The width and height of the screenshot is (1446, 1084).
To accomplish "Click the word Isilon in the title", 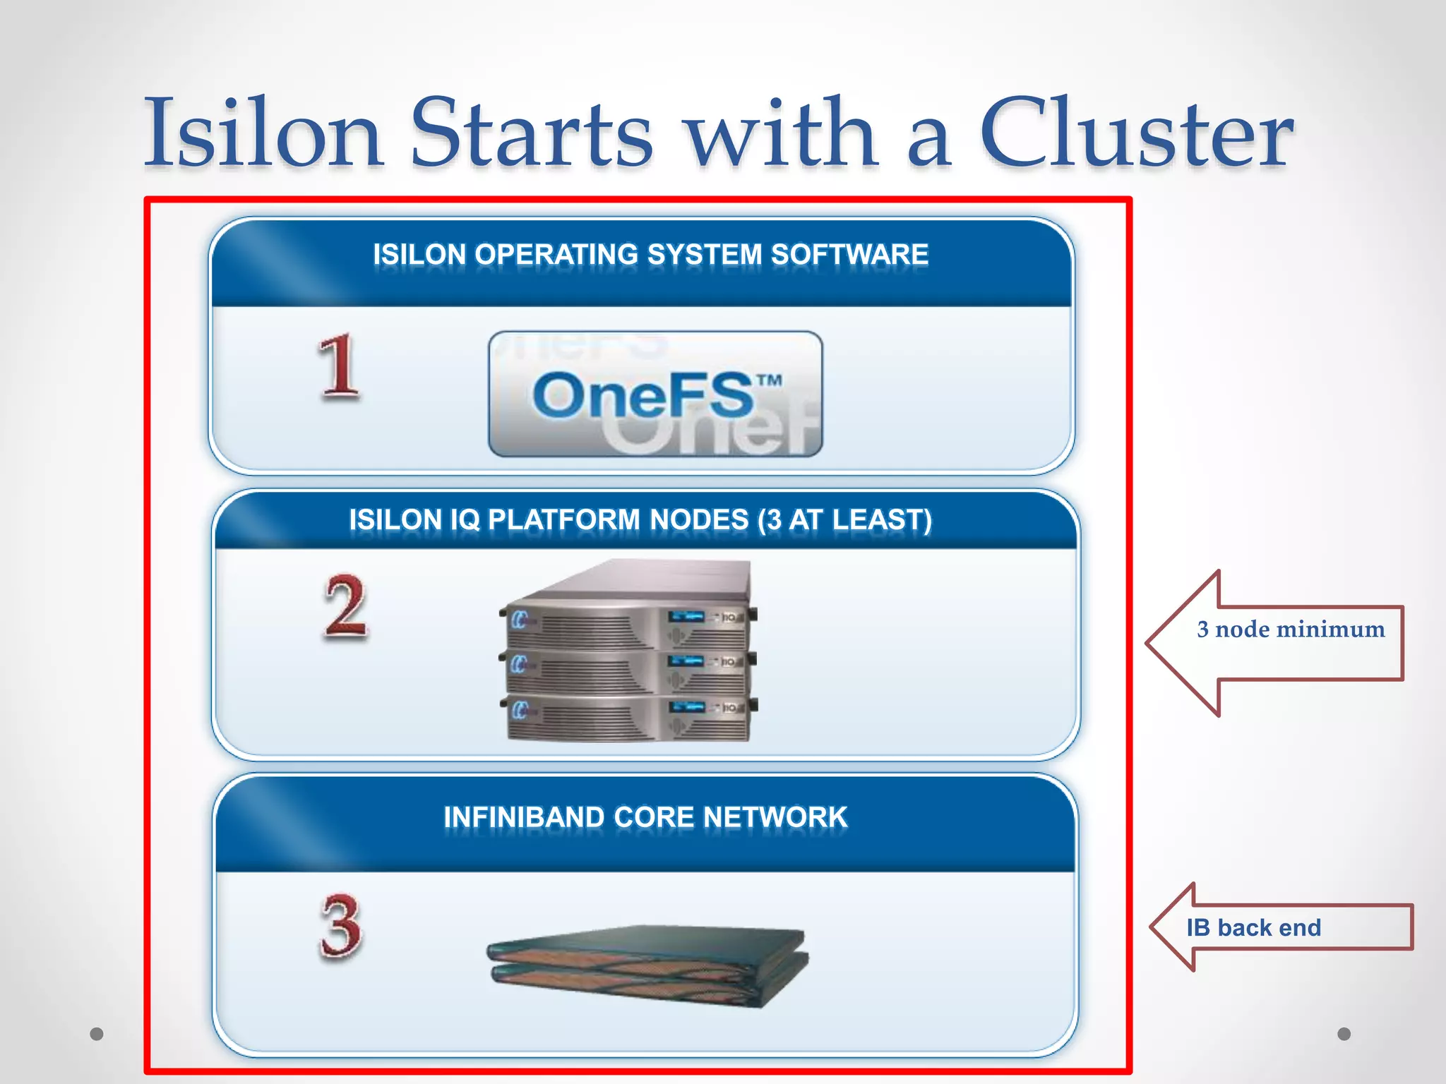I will tap(263, 134).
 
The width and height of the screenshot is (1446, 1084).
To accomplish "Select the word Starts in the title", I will tap(531, 134).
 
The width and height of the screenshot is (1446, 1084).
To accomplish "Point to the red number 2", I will tap(346, 607).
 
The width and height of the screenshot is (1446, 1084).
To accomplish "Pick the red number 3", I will tap(341, 926).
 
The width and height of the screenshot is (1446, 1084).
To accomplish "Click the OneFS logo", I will tap(655, 394).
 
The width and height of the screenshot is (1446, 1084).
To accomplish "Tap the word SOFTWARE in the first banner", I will tap(849, 255).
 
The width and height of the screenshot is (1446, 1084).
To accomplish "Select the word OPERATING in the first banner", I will tap(556, 255).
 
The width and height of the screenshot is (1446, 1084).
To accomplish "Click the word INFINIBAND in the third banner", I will tap(524, 817).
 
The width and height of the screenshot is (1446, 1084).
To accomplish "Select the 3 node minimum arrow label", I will tap(1291, 629).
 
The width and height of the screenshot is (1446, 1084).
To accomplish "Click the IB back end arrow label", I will tap(1253, 927).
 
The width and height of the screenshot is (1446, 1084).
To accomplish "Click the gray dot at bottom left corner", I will tap(97, 1034).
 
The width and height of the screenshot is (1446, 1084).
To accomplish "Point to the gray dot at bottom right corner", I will tap(1344, 1034).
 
